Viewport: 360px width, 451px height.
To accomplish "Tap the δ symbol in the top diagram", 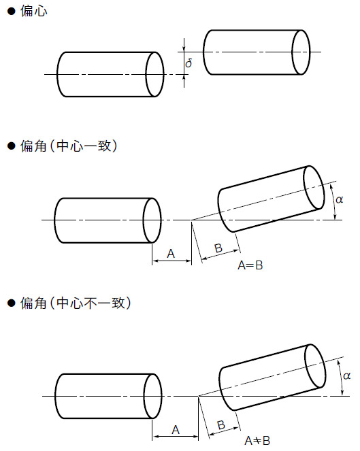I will coord(189,63).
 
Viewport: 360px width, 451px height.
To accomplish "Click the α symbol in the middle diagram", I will coord(340,199).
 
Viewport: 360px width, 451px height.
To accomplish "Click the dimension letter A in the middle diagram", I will coord(171,254).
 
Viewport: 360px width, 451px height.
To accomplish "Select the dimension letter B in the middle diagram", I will coord(218,248).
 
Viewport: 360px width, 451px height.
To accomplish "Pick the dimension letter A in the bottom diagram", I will coord(175,429).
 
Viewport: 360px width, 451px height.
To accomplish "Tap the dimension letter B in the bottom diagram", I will coord(220,425).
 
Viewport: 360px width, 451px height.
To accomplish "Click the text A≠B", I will coord(257,441).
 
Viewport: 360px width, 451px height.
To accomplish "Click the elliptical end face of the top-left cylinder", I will coord(155,73).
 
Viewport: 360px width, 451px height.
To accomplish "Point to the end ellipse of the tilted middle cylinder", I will coord(314,186).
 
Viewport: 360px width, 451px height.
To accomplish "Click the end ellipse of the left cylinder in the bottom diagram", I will coord(152,396).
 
